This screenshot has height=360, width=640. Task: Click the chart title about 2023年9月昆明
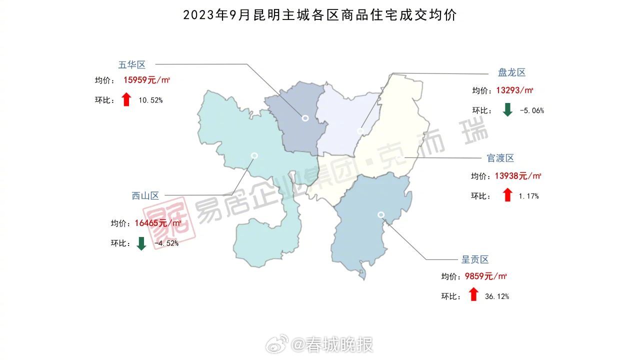320,15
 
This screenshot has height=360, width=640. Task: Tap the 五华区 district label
131,64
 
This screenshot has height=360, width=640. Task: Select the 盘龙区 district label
511,72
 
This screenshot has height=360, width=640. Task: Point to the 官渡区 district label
500,158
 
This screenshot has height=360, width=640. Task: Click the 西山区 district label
145,196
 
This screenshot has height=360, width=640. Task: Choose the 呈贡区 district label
474,259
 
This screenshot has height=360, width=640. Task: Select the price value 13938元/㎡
518,175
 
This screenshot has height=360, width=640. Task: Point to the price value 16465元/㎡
158,223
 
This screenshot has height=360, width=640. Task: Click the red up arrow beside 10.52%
126,99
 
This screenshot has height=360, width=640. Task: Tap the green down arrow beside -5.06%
507,110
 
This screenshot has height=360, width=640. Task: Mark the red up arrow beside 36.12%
473,295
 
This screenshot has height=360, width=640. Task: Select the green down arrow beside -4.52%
141,243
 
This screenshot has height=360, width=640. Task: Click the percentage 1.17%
528,196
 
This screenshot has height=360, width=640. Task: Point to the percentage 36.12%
497,296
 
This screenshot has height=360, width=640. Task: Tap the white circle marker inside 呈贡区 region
381,214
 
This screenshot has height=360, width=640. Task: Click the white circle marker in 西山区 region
254,155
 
